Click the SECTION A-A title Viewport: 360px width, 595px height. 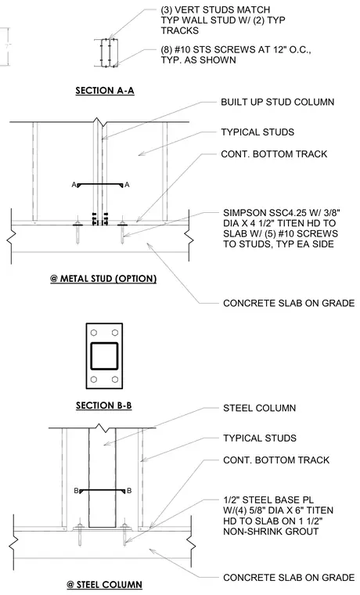105,91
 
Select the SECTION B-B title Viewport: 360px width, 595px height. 103,406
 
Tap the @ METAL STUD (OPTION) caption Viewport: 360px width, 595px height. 103,279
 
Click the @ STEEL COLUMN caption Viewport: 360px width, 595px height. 104,585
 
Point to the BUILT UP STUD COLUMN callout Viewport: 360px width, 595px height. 278,102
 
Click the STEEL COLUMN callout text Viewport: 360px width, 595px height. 260,409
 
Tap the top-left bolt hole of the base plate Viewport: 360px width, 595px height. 94,333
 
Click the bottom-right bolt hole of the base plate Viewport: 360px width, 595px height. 115,380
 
